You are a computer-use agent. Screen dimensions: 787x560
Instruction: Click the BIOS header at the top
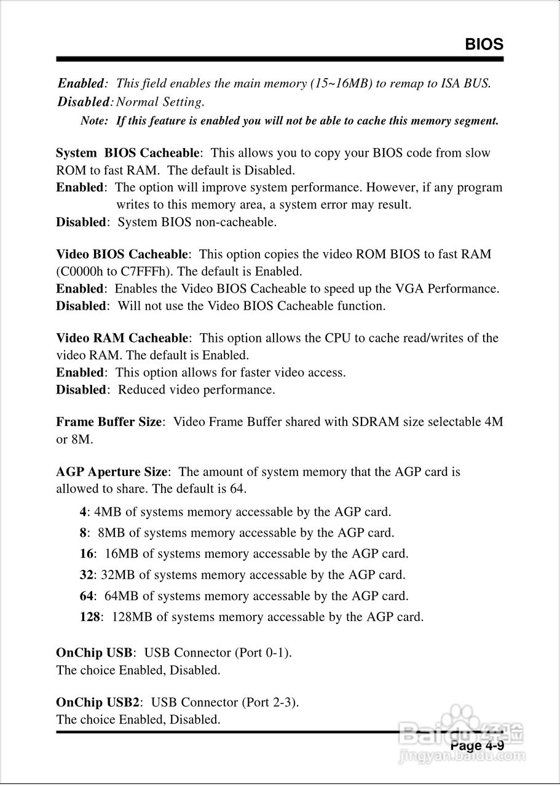(484, 44)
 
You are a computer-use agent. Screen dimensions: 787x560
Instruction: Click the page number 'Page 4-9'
(477, 746)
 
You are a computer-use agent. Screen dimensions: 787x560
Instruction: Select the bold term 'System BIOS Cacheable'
(128, 152)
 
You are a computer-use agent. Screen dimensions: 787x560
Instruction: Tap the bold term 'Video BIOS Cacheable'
(122, 254)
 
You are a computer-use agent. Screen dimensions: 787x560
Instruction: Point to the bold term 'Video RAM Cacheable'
(122, 338)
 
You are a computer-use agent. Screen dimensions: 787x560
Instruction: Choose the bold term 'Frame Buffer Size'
(109, 421)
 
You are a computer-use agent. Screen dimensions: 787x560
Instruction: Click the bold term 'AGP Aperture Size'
(111, 472)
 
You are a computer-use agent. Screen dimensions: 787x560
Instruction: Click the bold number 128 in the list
(90, 616)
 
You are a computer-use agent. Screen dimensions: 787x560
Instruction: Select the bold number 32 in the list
(87, 575)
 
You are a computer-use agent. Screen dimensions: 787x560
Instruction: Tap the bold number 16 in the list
(87, 553)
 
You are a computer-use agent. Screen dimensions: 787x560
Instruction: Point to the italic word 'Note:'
(95, 121)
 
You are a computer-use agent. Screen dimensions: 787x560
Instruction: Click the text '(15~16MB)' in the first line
(341, 83)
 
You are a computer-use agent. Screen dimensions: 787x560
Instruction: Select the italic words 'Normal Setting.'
(160, 101)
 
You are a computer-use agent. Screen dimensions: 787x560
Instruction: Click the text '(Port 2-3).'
(270, 702)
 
